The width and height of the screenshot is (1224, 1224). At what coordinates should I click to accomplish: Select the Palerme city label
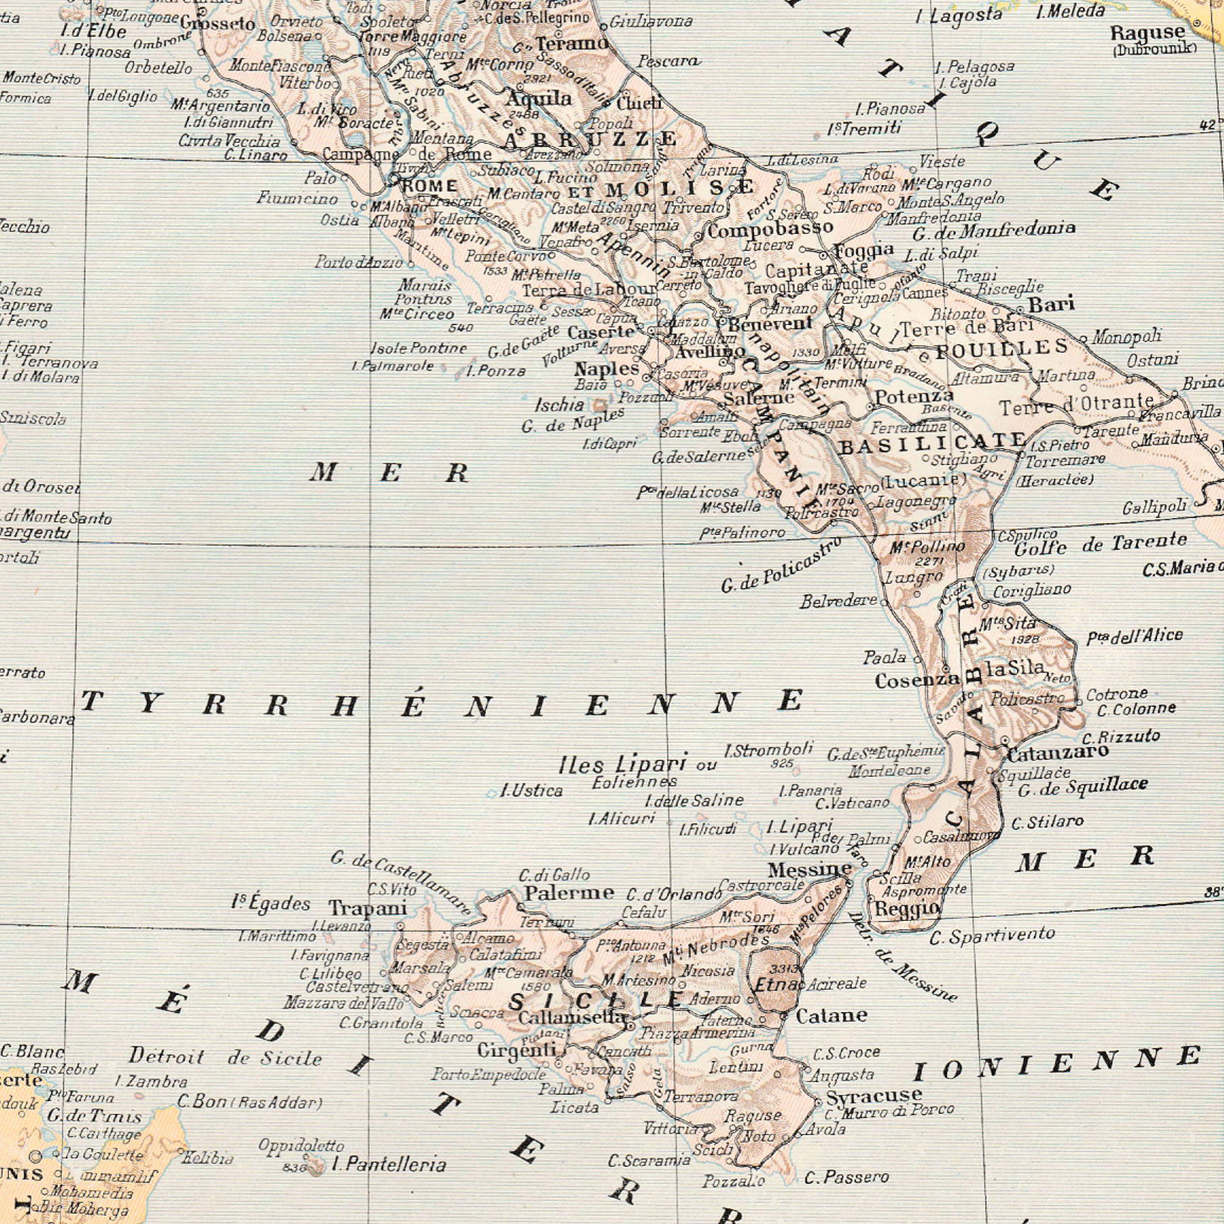pyautogui.click(x=568, y=893)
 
